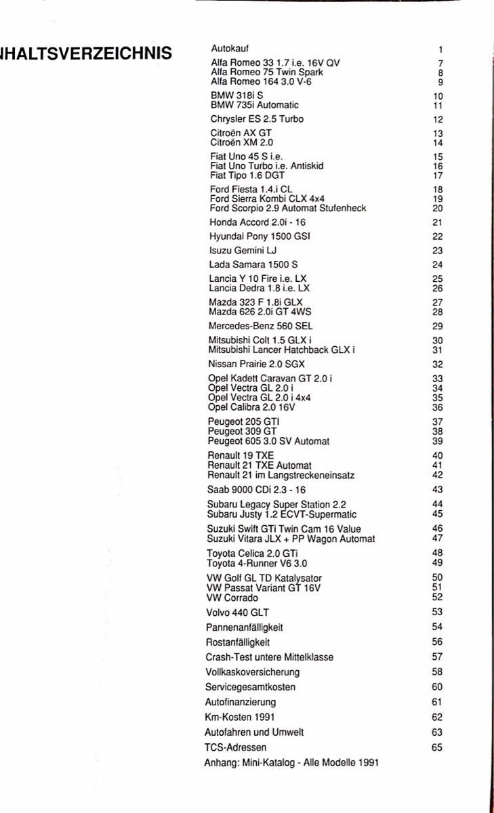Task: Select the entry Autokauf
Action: coord(230,49)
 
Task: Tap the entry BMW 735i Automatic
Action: coord(254,105)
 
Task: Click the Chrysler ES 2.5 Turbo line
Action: coord(257,119)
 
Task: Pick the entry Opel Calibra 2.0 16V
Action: coord(251,408)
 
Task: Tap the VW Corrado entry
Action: coord(232,598)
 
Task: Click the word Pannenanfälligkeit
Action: coord(243,627)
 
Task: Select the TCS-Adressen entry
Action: coord(235,747)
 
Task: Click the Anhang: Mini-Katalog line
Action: coord(291,762)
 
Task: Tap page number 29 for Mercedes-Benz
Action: coord(437,326)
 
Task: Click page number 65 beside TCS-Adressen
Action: coord(436,747)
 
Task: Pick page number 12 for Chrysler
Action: coord(438,120)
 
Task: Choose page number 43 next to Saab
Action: coord(437,489)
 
